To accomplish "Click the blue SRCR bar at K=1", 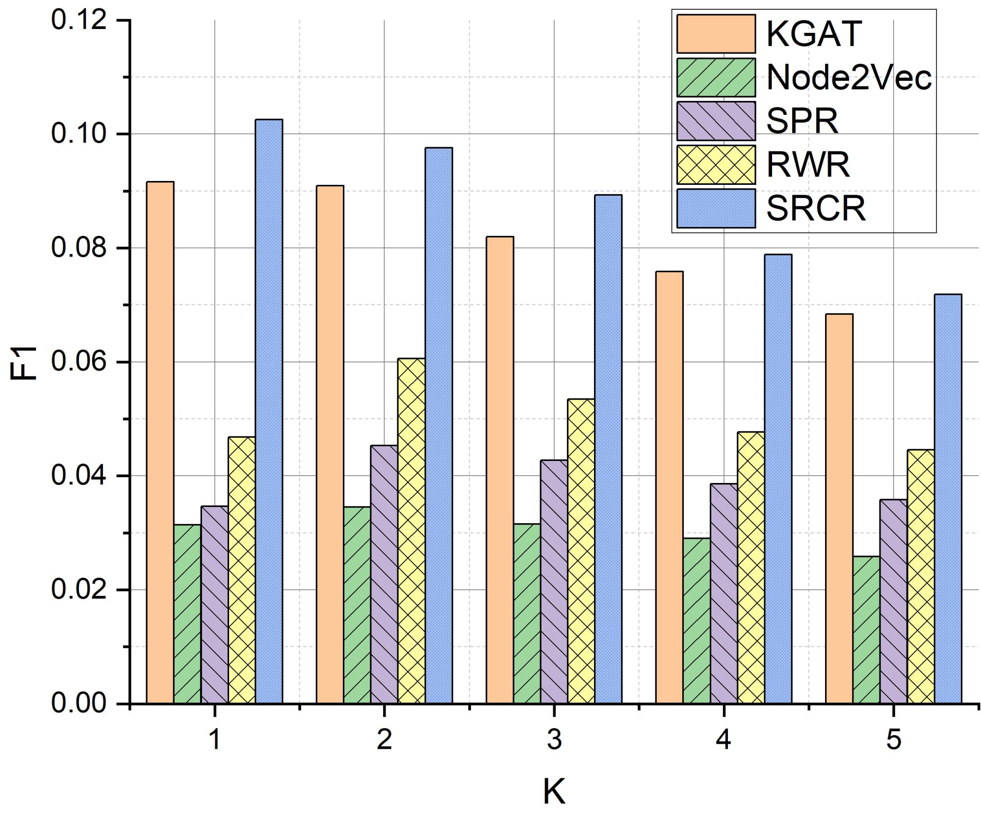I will tap(269, 412).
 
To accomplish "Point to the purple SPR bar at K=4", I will tap(724, 594).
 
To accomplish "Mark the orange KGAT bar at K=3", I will tap(499, 470).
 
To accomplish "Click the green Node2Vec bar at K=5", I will tap(866, 630).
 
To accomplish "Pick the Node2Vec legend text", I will tap(849, 77).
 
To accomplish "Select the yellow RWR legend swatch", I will tap(716, 164).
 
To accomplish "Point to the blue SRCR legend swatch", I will tap(716, 208).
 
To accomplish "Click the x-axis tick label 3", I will tap(554, 739).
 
